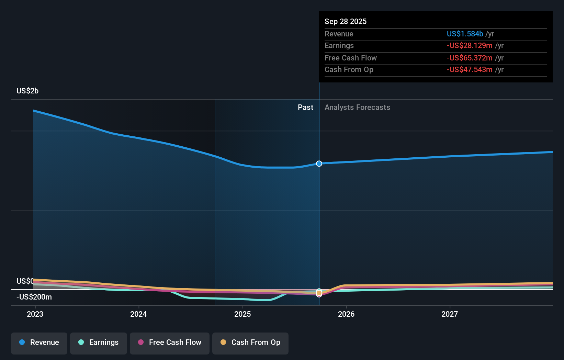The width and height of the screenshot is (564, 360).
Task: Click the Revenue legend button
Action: tap(39, 342)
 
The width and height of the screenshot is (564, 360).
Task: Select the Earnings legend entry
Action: tap(99, 342)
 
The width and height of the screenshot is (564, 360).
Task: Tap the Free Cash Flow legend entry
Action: tap(170, 342)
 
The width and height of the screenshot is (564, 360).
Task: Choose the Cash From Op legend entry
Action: tap(250, 342)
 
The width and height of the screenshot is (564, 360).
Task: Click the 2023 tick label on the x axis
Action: tap(35, 314)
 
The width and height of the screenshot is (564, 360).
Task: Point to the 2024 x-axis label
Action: tap(138, 314)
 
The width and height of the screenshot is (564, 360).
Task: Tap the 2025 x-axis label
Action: tap(242, 314)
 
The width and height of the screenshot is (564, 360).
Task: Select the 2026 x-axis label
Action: tap(346, 314)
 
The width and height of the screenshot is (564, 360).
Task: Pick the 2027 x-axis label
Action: tap(450, 314)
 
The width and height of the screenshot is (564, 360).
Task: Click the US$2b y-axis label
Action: tap(27, 91)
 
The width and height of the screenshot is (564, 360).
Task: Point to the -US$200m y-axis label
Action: tap(34, 297)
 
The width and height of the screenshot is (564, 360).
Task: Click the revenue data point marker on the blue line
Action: tap(319, 164)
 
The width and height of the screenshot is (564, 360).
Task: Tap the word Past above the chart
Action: tap(305, 107)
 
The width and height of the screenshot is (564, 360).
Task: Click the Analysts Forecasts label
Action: tap(357, 107)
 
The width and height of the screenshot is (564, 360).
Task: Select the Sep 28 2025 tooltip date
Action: tap(346, 21)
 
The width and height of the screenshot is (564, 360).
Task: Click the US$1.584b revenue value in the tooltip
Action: tap(465, 34)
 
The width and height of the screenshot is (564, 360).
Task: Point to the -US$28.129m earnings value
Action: tap(470, 45)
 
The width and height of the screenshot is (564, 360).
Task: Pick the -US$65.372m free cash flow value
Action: tap(470, 58)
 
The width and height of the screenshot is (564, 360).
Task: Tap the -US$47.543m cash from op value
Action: tap(470, 69)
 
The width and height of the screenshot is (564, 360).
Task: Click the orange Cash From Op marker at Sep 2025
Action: tap(319, 293)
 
